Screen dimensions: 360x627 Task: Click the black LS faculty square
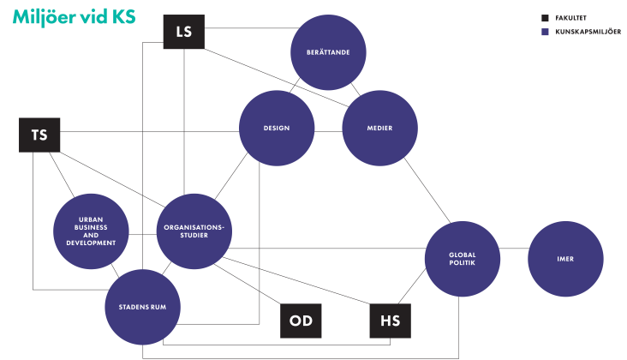(x=183, y=32)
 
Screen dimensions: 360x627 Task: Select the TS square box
(x=39, y=135)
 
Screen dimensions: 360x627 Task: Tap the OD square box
(x=301, y=321)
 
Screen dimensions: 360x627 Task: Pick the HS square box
(x=390, y=321)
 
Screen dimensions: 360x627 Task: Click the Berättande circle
(x=328, y=52)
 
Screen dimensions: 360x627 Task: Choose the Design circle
(x=277, y=128)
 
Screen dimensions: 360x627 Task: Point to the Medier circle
(x=379, y=128)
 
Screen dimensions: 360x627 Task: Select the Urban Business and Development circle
(x=91, y=231)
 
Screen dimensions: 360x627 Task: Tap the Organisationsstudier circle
(x=194, y=231)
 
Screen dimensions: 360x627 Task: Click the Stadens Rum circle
(x=142, y=307)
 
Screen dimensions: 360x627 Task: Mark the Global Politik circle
(x=463, y=258)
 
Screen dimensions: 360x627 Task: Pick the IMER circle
(x=565, y=258)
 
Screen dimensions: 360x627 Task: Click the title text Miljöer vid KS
(x=74, y=17)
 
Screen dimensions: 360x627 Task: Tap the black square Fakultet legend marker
(x=545, y=17)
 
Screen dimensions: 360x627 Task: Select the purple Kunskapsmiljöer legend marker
(x=545, y=32)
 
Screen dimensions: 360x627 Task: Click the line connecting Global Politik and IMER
(x=514, y=249)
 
